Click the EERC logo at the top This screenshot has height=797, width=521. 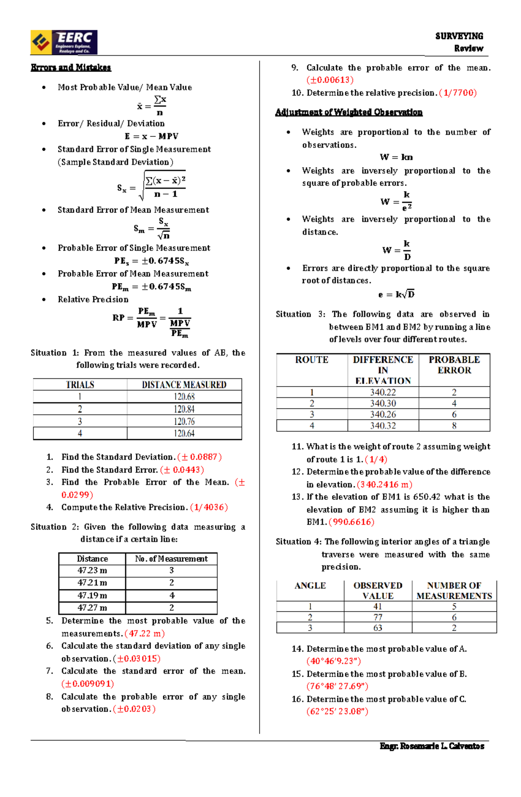coord(64,42)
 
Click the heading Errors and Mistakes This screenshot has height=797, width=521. coord(71,67)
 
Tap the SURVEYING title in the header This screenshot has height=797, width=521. coord(459,36)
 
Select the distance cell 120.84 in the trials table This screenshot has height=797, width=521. coord(184,409)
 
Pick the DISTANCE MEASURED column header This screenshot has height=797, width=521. coord(184,385)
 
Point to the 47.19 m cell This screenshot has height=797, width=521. coord(92,595)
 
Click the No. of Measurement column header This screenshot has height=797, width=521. coord(171,559)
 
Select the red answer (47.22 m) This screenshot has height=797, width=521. coord(145,634)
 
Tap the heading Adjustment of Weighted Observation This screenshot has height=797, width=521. coord(349,112)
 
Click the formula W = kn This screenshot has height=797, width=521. coord(396,157)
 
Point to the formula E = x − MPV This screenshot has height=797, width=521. coord(152,136)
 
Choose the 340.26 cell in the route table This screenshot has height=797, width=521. coord(383,415)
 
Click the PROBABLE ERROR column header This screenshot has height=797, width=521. coord(454,365)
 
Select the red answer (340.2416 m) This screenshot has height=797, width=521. coord(384,485)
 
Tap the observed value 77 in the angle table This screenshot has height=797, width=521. coord(378,617)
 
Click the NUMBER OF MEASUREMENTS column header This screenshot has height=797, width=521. coord(454,591)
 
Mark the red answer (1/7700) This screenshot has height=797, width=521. coord(458,93)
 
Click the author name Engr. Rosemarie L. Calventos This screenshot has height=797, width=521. coord(432,746)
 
